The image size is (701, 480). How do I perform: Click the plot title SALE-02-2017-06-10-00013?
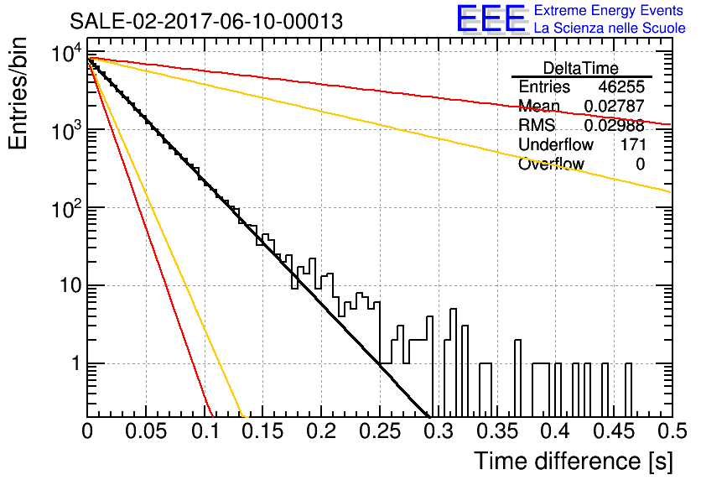[x=206, y=21]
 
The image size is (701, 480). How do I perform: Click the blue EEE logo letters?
[x=491, y=18]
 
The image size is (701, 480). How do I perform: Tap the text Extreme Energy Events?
[x=609, y=10]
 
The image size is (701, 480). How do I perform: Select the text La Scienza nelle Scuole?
[x=610, y=28]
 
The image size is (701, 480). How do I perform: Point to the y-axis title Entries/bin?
[x=18, y=93]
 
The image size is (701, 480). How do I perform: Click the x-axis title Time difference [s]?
[x=574, y=462]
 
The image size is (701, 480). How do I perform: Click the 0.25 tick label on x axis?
[x=380, y=431]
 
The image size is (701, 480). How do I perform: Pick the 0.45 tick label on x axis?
[x=614, y=431]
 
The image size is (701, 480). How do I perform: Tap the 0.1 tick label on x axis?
[x=205, y=431]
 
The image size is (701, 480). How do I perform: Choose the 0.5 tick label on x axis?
[x=672, y=431]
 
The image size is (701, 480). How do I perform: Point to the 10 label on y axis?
[x=71, y=285]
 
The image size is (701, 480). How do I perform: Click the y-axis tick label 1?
[x=76, y=363]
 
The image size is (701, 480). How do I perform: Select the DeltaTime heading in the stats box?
[x=581, y=68]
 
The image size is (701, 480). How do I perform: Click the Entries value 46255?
[x=621, y=86]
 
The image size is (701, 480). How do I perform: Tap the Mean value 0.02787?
[x=615, y=106]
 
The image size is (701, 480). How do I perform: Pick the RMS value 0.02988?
[x=615, y=125]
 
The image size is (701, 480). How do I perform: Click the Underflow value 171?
[x=633, y=144]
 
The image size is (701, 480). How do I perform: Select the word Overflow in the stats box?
[x=551, y=164]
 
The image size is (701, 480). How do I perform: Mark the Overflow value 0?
[x=640, y=164]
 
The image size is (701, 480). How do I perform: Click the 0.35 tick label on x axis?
[x=497, y=431]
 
